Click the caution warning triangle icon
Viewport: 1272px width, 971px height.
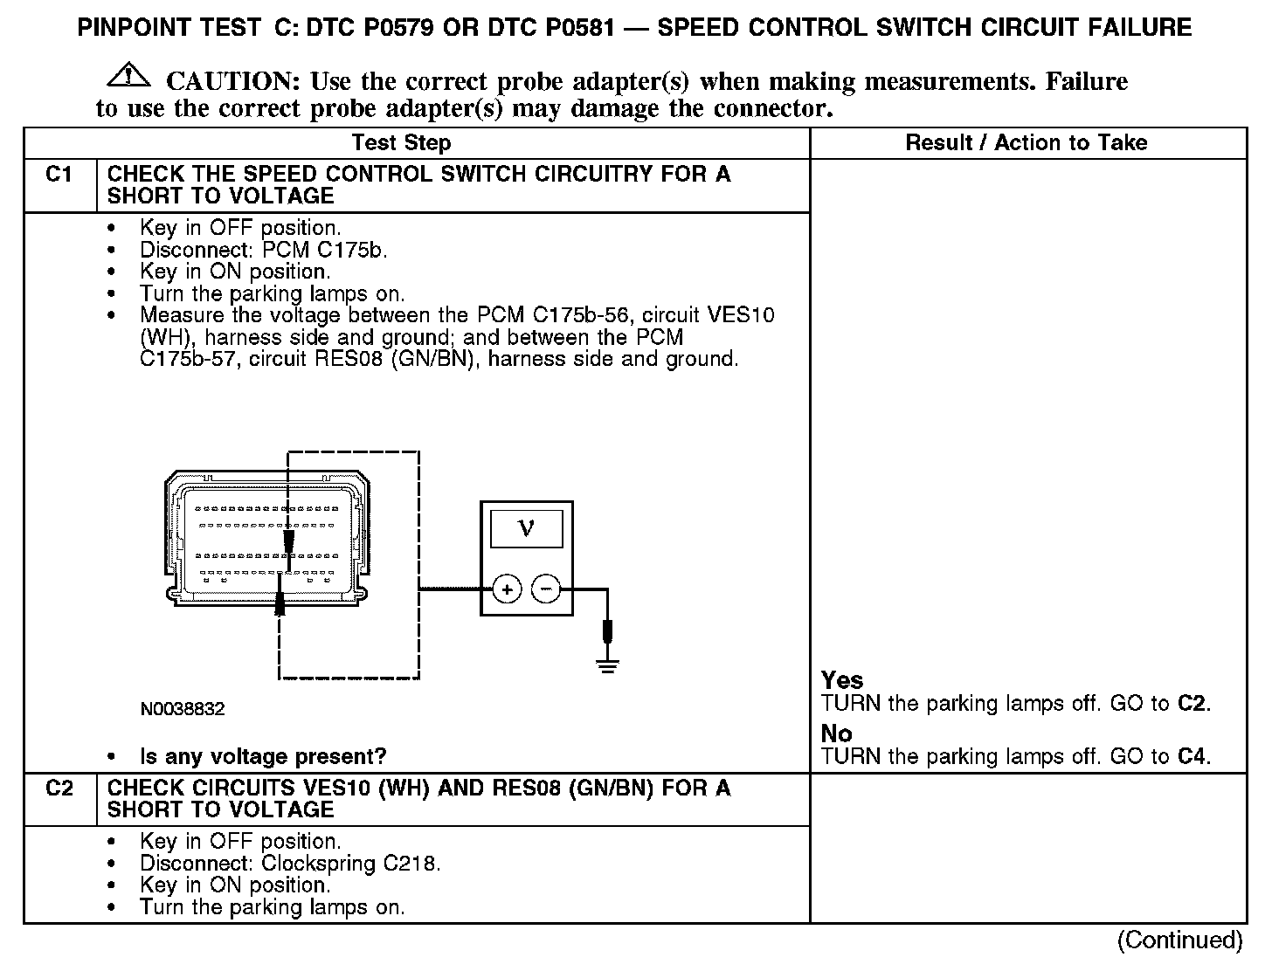[128, 76]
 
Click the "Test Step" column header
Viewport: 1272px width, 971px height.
[401, 143]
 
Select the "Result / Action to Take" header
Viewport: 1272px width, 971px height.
[1026, 143]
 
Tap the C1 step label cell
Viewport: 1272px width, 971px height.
[59, 176]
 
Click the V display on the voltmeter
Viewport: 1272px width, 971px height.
[526, 528]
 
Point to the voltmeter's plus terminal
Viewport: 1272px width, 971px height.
[507, 590]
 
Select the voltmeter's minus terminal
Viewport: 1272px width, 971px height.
[546, 590]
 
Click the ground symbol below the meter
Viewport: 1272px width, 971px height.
[607, 666]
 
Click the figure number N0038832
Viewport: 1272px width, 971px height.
[182, 709]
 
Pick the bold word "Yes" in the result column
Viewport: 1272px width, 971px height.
[842, 680]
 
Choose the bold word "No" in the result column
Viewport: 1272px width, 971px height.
[836, 733]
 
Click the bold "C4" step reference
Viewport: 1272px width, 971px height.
[1192, 756]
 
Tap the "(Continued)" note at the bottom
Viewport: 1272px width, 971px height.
[1179, 940]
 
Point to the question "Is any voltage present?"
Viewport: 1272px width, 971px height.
[263, 756]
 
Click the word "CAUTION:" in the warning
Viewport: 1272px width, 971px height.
[233, 82]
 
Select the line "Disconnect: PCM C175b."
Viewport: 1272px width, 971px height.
[263, 250]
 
